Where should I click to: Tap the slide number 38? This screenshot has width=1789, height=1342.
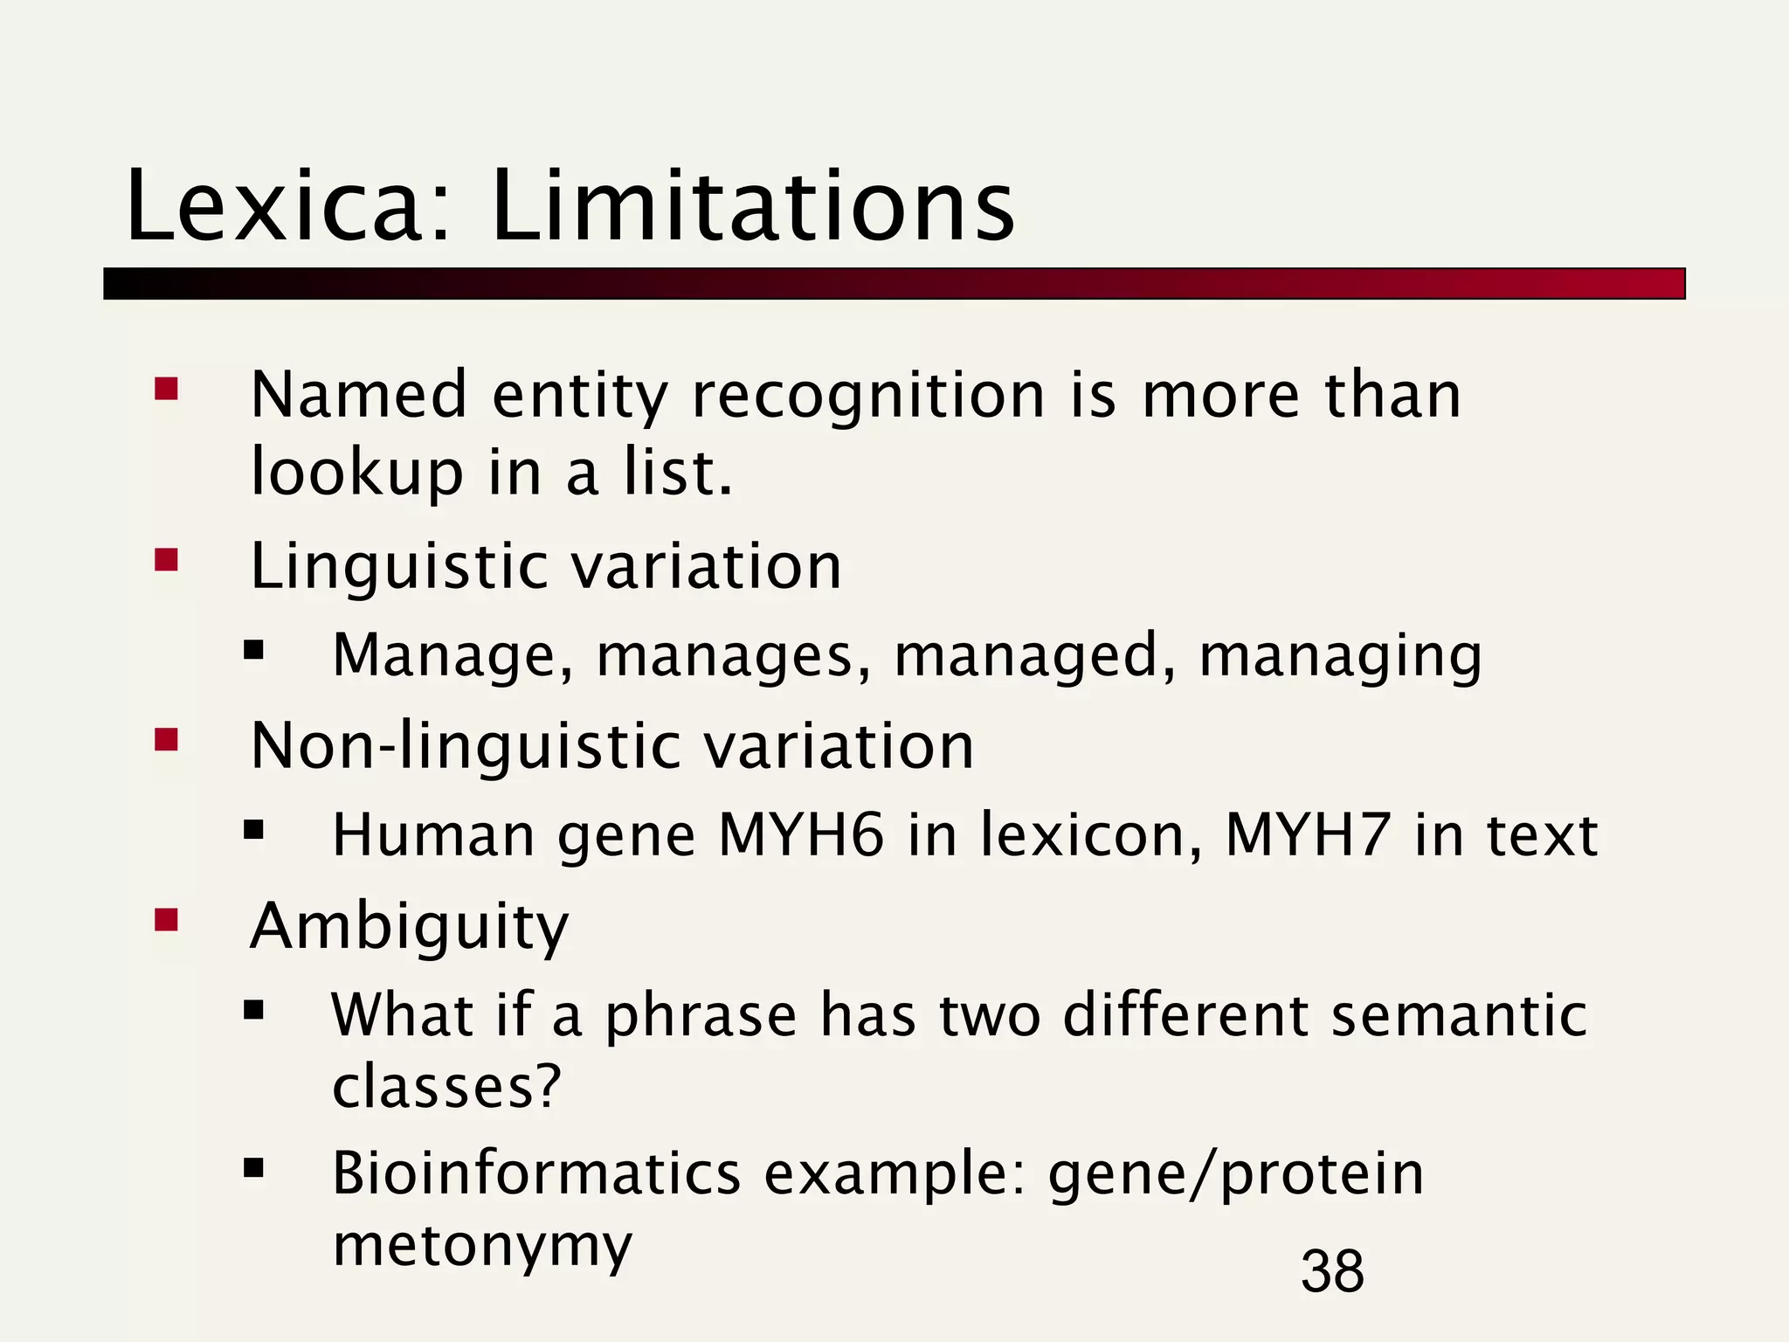(x=1331, y=1270)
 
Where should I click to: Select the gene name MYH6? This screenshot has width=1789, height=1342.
(x=801, y=835)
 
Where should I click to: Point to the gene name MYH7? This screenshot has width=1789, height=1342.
(x=1308, y=835)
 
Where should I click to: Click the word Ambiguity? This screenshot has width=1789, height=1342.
(x=409, y=928)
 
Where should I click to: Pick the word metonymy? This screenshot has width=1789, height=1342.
(x=482, y=1244)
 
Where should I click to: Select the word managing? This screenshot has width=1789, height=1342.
(x=1340, y=657)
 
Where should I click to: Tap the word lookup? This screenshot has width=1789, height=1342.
(x=356, y=474)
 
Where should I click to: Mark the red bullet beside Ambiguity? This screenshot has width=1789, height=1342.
(x=166, y=919)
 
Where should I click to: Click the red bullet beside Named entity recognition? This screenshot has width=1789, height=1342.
(x=166, y=388)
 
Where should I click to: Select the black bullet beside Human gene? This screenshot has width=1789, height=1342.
(x=253, y=828)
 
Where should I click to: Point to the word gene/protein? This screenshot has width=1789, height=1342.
(x=1235, y=1174)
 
